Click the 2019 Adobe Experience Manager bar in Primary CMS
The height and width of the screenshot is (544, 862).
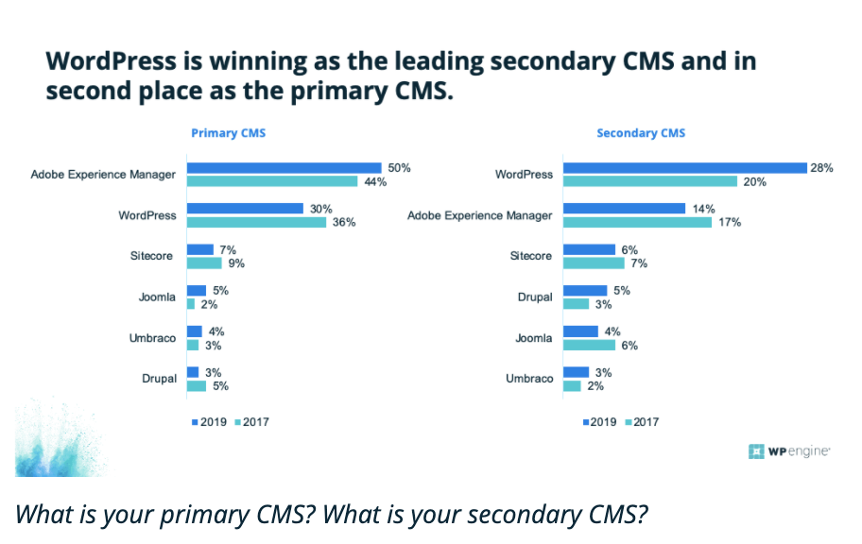pyautogui.click(x=284, y=168)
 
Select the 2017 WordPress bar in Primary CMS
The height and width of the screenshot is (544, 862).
pyautogui.click(x=256, y=222)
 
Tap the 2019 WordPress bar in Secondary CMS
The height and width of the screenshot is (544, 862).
pyautogui.click(x=684, y=168)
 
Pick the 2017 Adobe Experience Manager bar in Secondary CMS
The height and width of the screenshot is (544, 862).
pyautogui.click(x=637, y=222)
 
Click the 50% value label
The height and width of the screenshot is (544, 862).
pyautogui.click(x=399, y=167)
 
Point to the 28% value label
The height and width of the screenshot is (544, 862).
pyautogui.click(x=820, y=167)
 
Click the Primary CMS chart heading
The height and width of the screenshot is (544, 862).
pyautogui.click(x=228, y=133)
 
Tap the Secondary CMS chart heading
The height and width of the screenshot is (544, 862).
pyautogui.click(x=641, y=133)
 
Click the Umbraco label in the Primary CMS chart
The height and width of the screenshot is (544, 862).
pyautogui.click(x=153, y=337)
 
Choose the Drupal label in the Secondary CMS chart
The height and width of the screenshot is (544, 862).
pyautogui.click(x=535, y=297)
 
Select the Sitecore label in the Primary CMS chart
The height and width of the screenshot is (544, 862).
pyautogui.click(x=153, y=256)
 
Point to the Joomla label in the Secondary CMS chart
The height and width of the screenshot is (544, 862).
pyautogui.click(x=534, y=337)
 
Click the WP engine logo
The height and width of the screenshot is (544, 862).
pyautogui.click(x=789, y=451)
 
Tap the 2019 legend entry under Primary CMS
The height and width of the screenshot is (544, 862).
pyautogui.click(x=210, y=421)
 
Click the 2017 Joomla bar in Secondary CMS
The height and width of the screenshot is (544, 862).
pyautogui.click(x=589, y=345)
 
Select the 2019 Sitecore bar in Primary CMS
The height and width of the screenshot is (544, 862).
pyautogui.click(x=199, y=249)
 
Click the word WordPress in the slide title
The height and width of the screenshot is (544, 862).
pyautogui.click(x=112, y=61)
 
